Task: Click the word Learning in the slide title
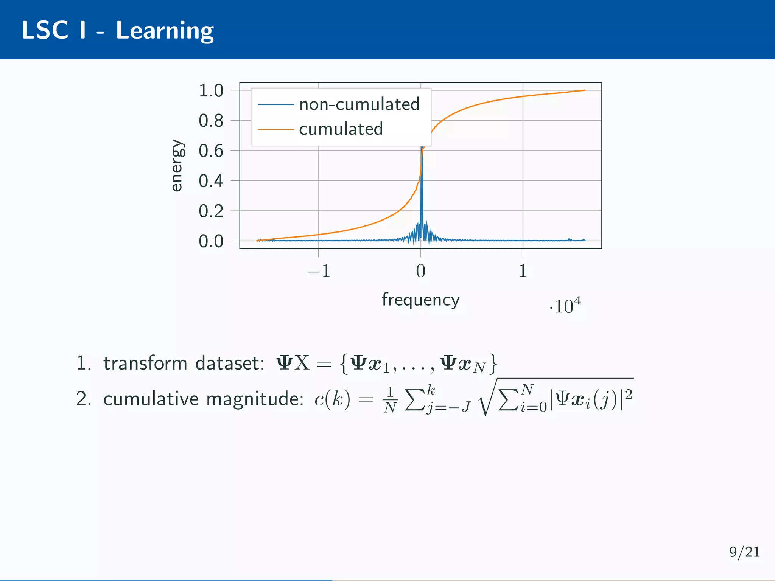(x=165, y=31)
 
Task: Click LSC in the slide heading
(x=45, y=30)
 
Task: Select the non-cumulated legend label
(x=359, y=104)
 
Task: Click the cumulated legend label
(x=341, y=129)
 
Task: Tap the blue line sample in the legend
(x=275, y=104)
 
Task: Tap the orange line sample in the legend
(x=275, y=129)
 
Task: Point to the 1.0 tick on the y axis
(x=211, y=91)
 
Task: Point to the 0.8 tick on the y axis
(x=211, y=121)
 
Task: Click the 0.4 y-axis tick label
(x=211, y=181)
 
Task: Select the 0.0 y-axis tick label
(x=211, y=241)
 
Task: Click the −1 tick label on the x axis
(x=319, y=271)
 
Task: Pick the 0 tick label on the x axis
(x=420, y=271)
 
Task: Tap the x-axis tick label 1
(x=523, y=271)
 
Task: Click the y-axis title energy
(x=177, y=166)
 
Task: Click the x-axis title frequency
(x=420, y=300)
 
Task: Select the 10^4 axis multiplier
(x=565, y=306)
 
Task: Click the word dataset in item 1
(x=230, y=364)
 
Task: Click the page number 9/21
(x=744, y=552)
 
